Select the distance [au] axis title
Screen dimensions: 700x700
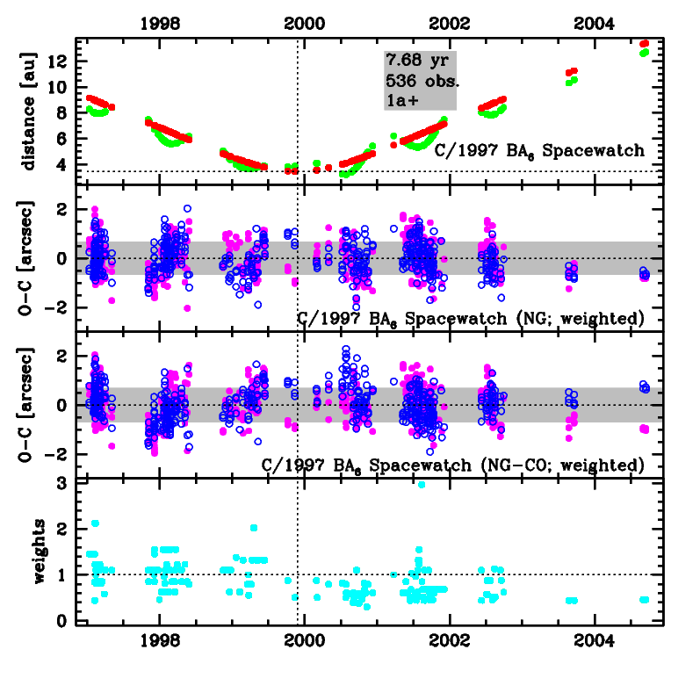click(x=29, y=111)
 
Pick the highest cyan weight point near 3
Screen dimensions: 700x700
click(x=422, y=484)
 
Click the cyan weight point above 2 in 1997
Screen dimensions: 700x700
click(x=95, y=523)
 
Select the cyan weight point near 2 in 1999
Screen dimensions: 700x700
click(x=254, y=528)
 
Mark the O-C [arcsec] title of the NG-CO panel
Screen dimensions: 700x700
click(x=29, y=405)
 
